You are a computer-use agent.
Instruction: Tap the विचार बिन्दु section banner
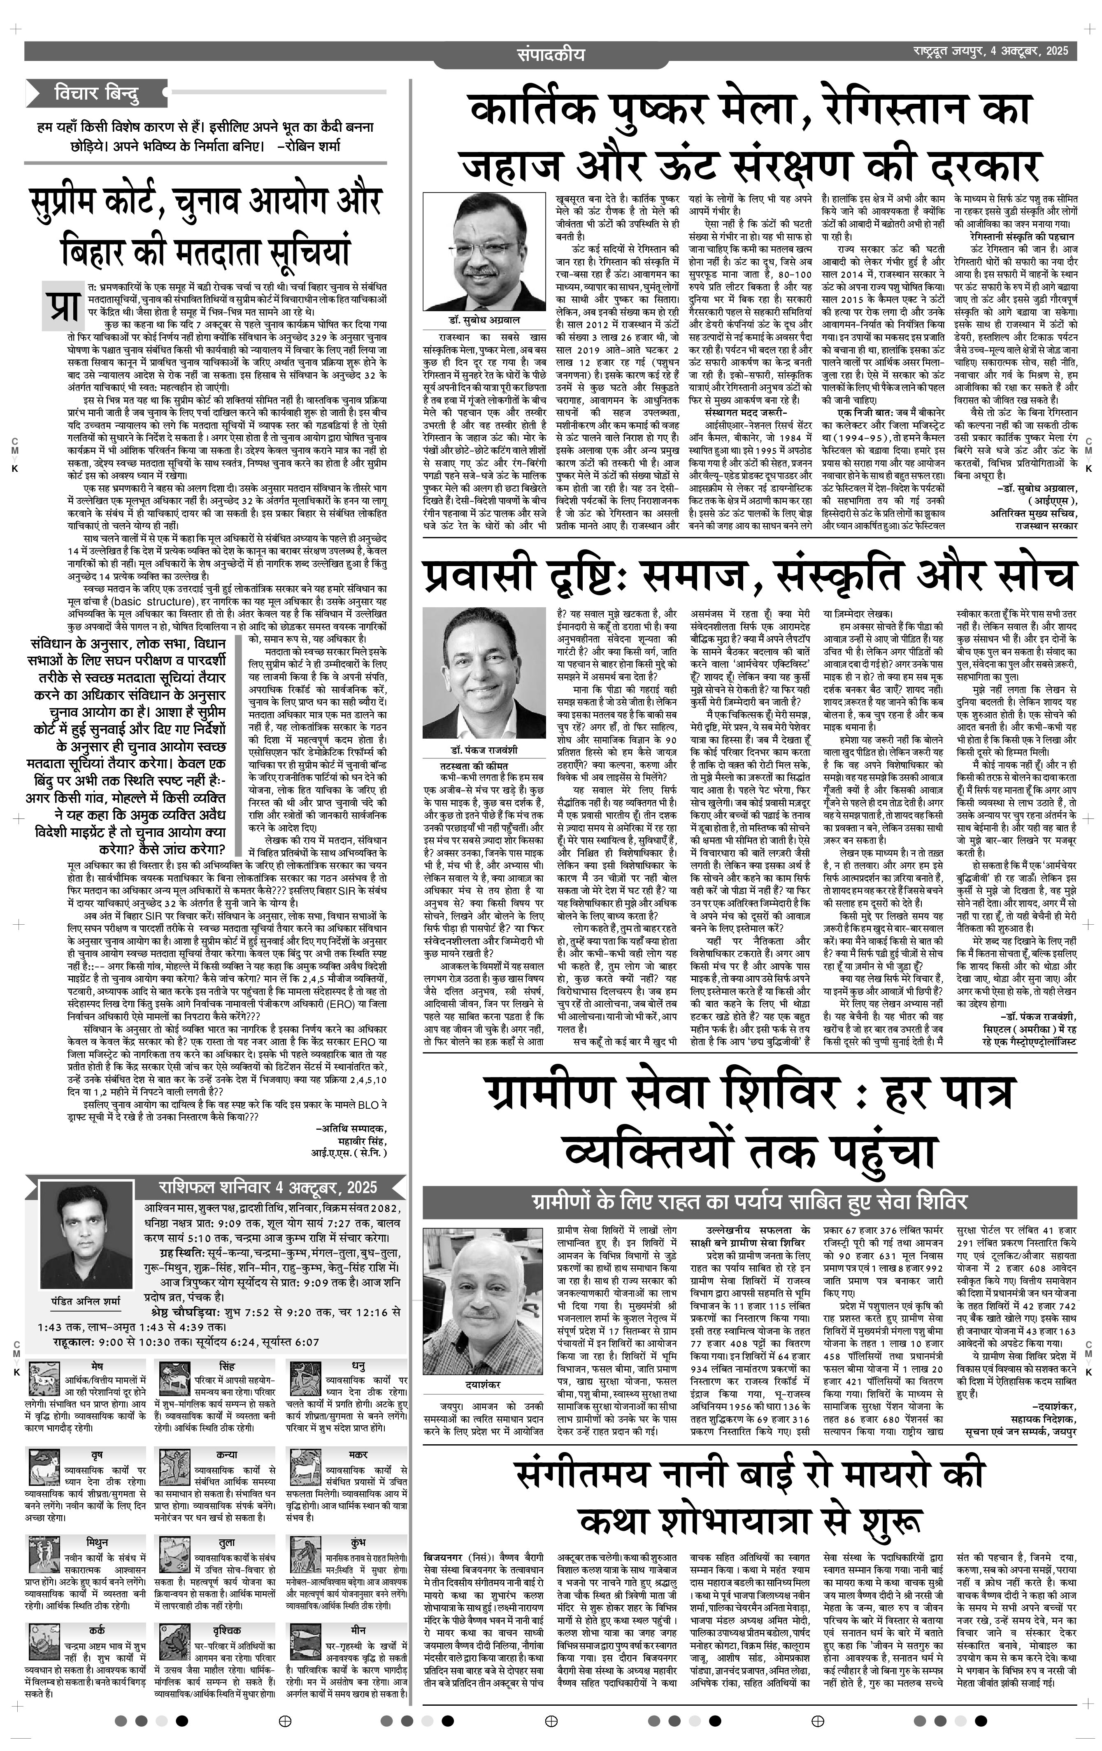(x=97, y=94)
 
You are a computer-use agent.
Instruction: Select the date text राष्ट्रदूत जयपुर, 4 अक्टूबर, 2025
(x=991, y=51)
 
